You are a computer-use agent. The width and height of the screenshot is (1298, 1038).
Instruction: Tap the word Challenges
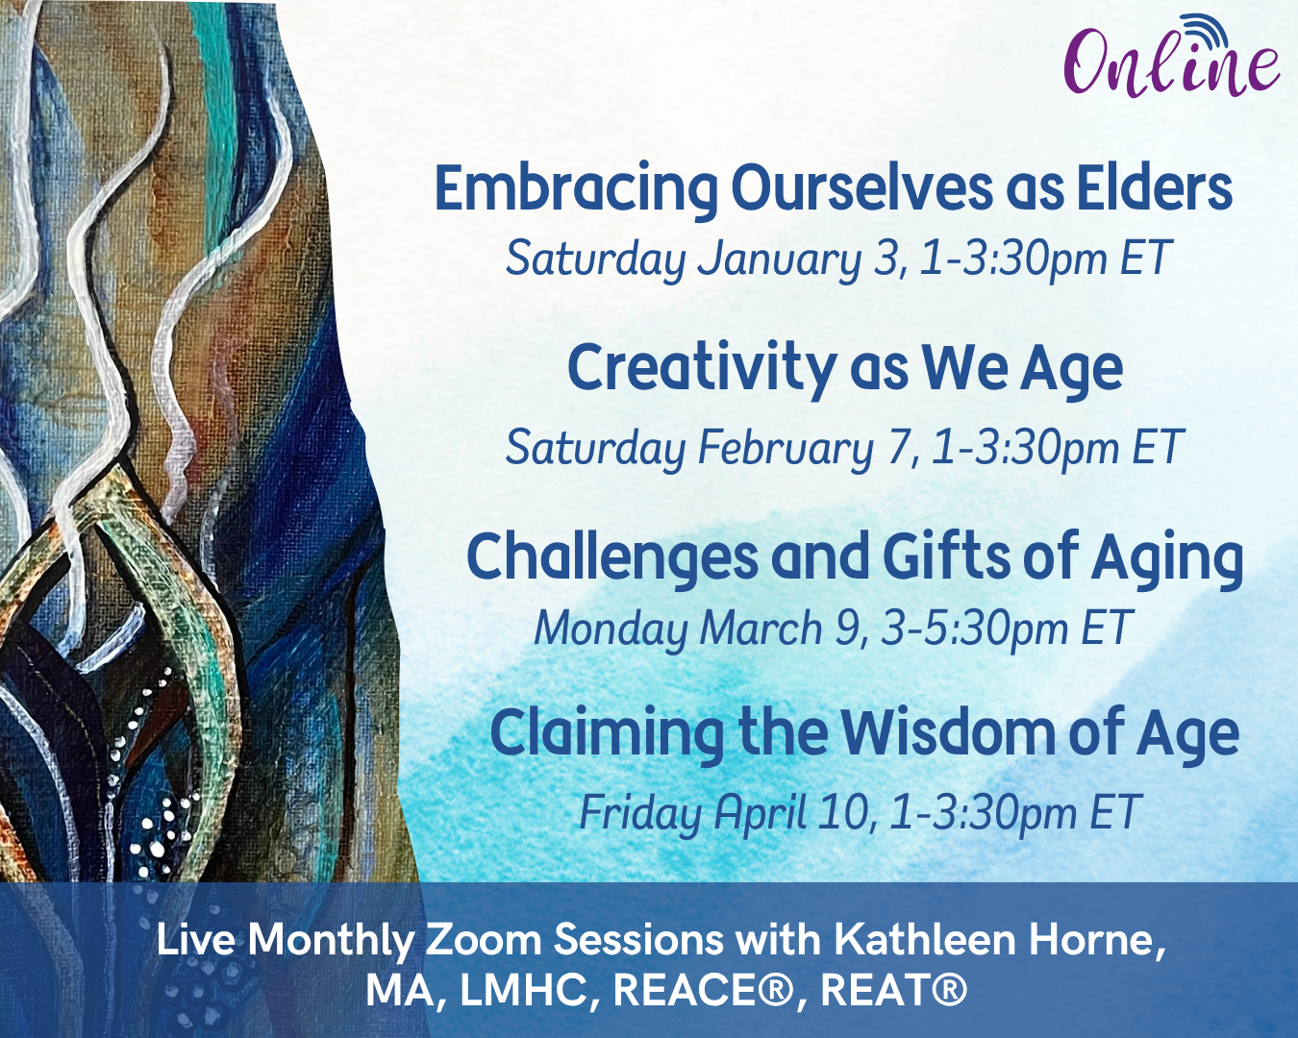[x=612, y=556]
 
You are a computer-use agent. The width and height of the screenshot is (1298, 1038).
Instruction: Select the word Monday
[x=611, y=630]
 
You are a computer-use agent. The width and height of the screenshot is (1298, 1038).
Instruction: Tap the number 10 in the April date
[x=845, y=812]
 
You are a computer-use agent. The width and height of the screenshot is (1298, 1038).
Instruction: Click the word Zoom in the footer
[x=484, y=940]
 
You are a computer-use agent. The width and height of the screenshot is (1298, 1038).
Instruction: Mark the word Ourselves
[x=861, y=187]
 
